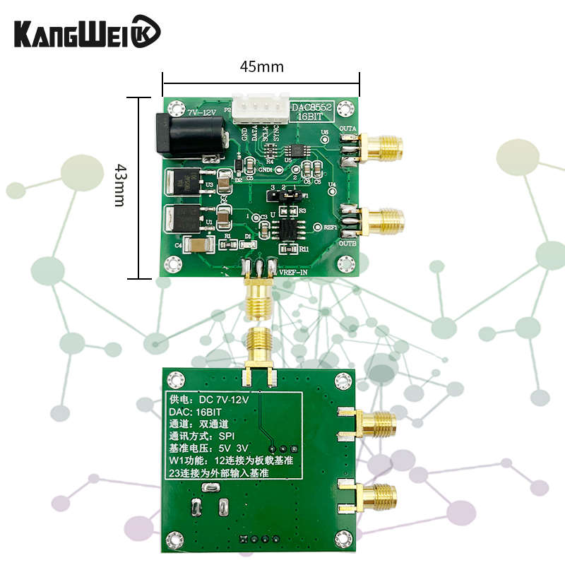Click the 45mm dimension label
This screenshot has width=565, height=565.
point(261,67)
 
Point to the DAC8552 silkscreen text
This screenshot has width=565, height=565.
point(313,107)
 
